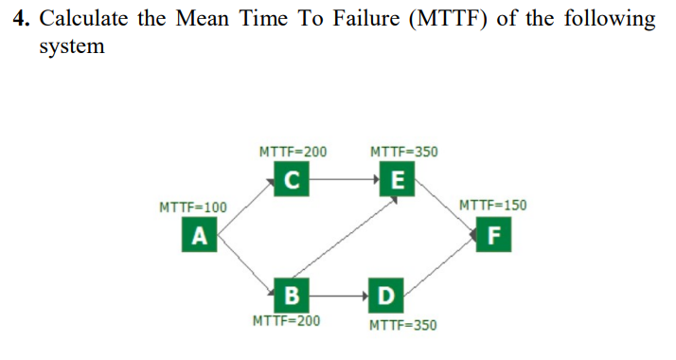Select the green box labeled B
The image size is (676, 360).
tap(292, 291)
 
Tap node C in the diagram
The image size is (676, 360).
tap(293, 177)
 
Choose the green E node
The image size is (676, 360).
tap(397, 177)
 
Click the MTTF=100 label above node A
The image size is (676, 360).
tap(193, 207)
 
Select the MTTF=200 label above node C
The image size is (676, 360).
tap(293, 152)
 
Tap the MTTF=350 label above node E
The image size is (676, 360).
tap(403, 152)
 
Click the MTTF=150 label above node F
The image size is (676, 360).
tap(492, 206)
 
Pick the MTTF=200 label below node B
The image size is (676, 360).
tap(286, 320)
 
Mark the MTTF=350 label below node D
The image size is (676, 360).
tap(403, 325)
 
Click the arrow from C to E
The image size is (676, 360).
tap(345, 178)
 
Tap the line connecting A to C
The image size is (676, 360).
tap(246, 206)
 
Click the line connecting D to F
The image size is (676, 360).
tap(441, 262)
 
